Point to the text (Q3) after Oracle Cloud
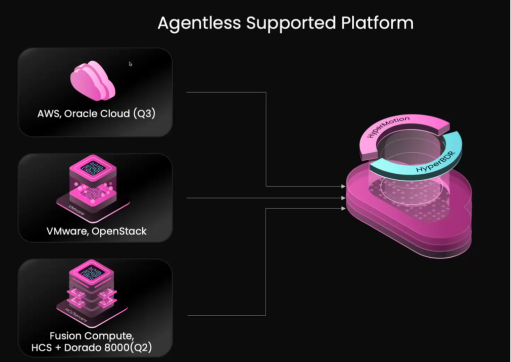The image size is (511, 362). coord(144,114)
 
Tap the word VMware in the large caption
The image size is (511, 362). coord(65,231)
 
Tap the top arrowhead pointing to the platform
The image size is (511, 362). coord(343,186)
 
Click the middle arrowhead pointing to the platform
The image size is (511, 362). coord(343,198)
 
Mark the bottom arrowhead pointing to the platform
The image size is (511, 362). coord(343,209)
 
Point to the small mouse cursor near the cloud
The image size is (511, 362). coord(130,64)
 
